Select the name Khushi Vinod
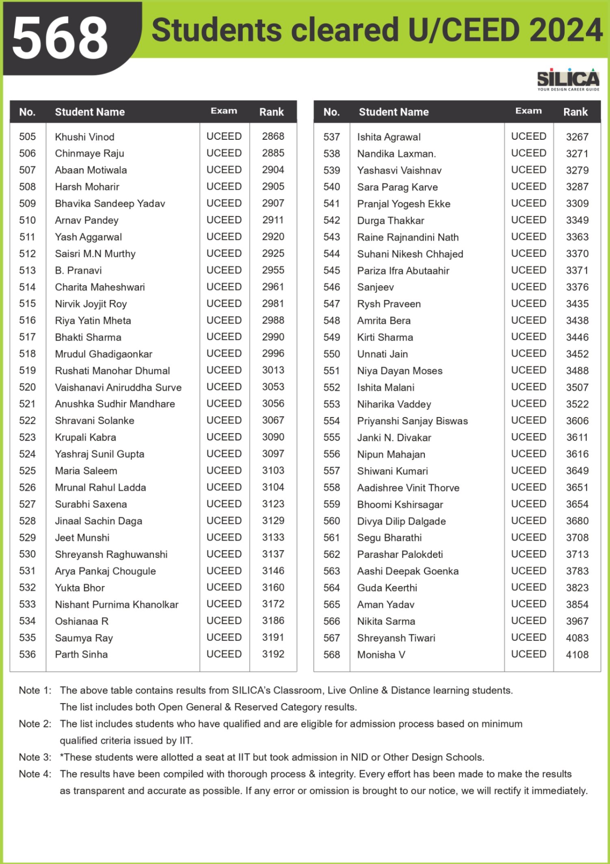[x=84, y=137]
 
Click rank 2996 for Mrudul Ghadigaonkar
[x=273, y=354]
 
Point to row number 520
[x=27, y=387]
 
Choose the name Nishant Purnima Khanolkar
[x=117, y=605]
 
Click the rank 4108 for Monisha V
[x=577, y=655]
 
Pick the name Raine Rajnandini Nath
[x=408, y=237]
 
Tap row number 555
[x=331, y=438]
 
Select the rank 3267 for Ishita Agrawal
[x=577, y=137]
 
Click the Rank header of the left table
[x=271, y=112]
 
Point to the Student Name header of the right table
[x=394, y=112]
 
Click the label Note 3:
[x=35, y=758]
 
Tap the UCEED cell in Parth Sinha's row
[x=224, y=654]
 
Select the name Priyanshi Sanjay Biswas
[x=412, y=421]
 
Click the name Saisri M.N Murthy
[x=95, y=254]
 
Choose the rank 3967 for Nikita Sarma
[x=577, y=621]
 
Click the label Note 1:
[x=35, y=690]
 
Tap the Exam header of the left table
[x=224, y=111]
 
